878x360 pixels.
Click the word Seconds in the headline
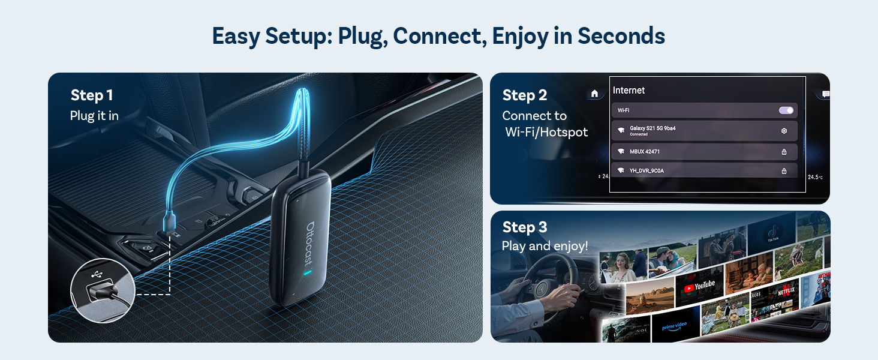click(x=621, y=36)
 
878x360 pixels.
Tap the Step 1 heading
click(x=91, y=95)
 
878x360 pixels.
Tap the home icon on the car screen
click(x=594, y=94)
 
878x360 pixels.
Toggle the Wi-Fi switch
click(x=786, y=110)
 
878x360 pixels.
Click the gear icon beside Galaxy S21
click(x=784, y=131)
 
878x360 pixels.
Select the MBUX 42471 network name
click(x=645, y=152)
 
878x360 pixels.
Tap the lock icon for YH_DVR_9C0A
click(x=784, y=171)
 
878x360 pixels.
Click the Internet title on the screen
click(x=629, y=91)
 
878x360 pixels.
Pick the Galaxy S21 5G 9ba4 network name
click(x=653, y=128)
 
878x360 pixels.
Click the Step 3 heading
click(x=525, y=227)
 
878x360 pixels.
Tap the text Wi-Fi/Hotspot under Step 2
click(x=546, y=132)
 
